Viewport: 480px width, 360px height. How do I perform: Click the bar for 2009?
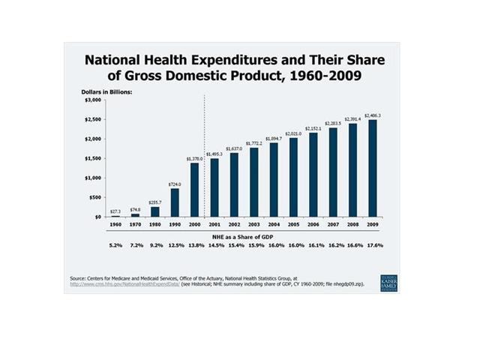(x=372, y=168)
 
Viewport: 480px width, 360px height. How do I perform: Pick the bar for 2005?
(x=293, y=177)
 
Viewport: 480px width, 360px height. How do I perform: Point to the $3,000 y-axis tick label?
(x=92, y=100)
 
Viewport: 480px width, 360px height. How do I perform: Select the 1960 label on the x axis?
(x=116, y=224)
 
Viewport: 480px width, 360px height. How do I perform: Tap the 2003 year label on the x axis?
(x=253, y=224)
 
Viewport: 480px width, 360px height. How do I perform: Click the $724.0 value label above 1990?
(x=175, y=184)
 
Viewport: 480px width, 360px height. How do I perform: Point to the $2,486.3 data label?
(x=373, y=115)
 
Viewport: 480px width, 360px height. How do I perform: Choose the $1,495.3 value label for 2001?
(x=214, y=154)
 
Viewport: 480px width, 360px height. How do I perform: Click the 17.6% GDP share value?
(x=372, y=246)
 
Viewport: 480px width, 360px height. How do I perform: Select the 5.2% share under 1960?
(x=116, y=246)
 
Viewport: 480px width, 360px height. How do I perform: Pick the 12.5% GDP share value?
(x=175, y=246)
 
